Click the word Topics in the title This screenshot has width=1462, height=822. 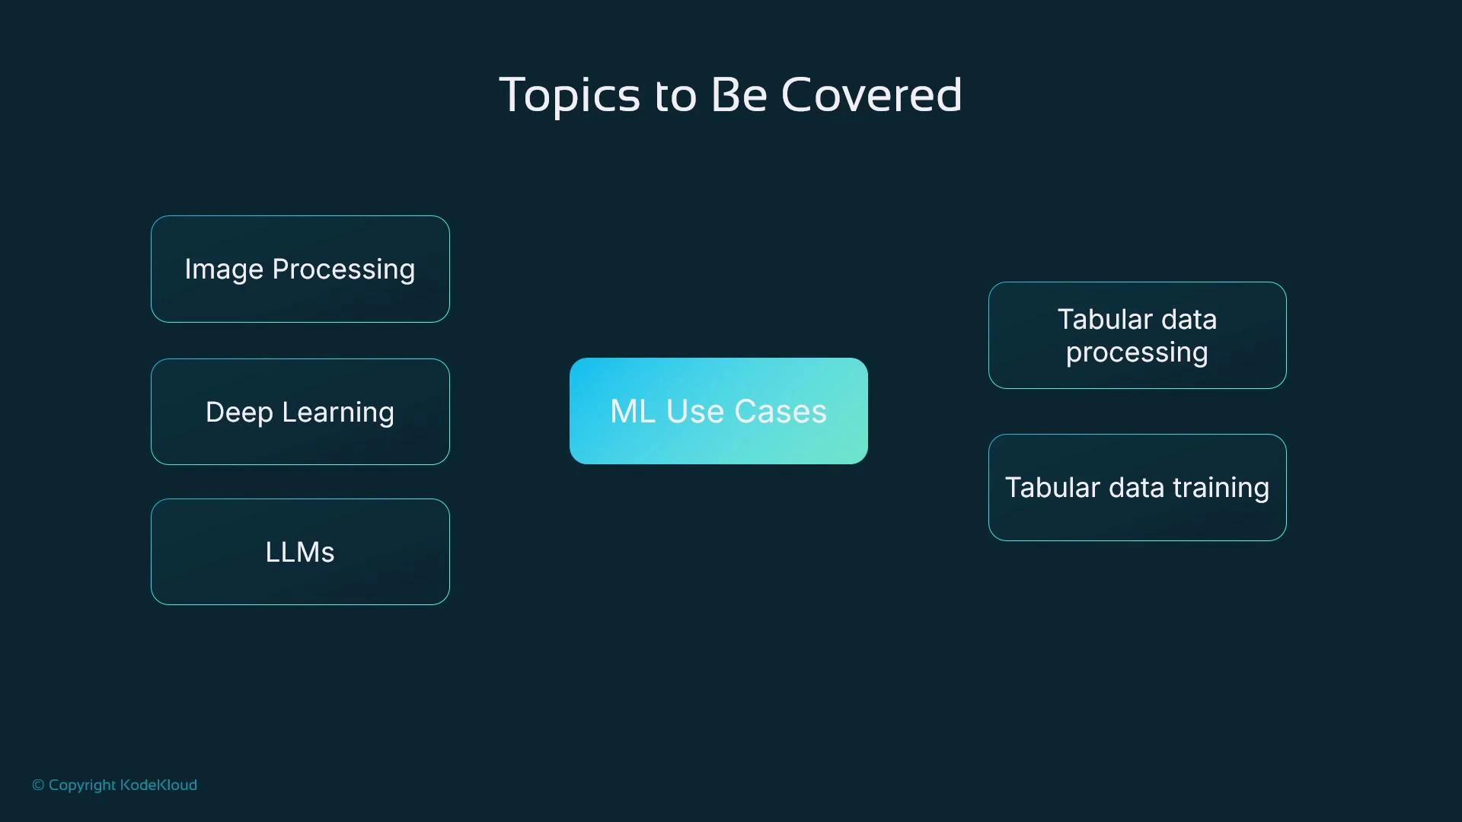coord(569,95)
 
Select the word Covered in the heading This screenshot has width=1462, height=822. coord(871,95)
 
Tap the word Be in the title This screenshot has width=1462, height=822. coord(739,95)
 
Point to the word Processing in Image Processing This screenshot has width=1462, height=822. coord(343,269)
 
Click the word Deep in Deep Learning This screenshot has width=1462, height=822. coord(238,413)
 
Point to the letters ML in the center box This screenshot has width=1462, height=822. coord(632,412)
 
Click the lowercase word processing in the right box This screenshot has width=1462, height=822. coord(1136,353)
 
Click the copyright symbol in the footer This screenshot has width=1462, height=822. coord(38,785)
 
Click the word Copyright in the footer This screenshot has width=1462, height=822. coord(82,785)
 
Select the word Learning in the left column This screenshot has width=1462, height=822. coord(337,413)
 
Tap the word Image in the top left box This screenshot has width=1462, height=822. coord(224,269)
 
